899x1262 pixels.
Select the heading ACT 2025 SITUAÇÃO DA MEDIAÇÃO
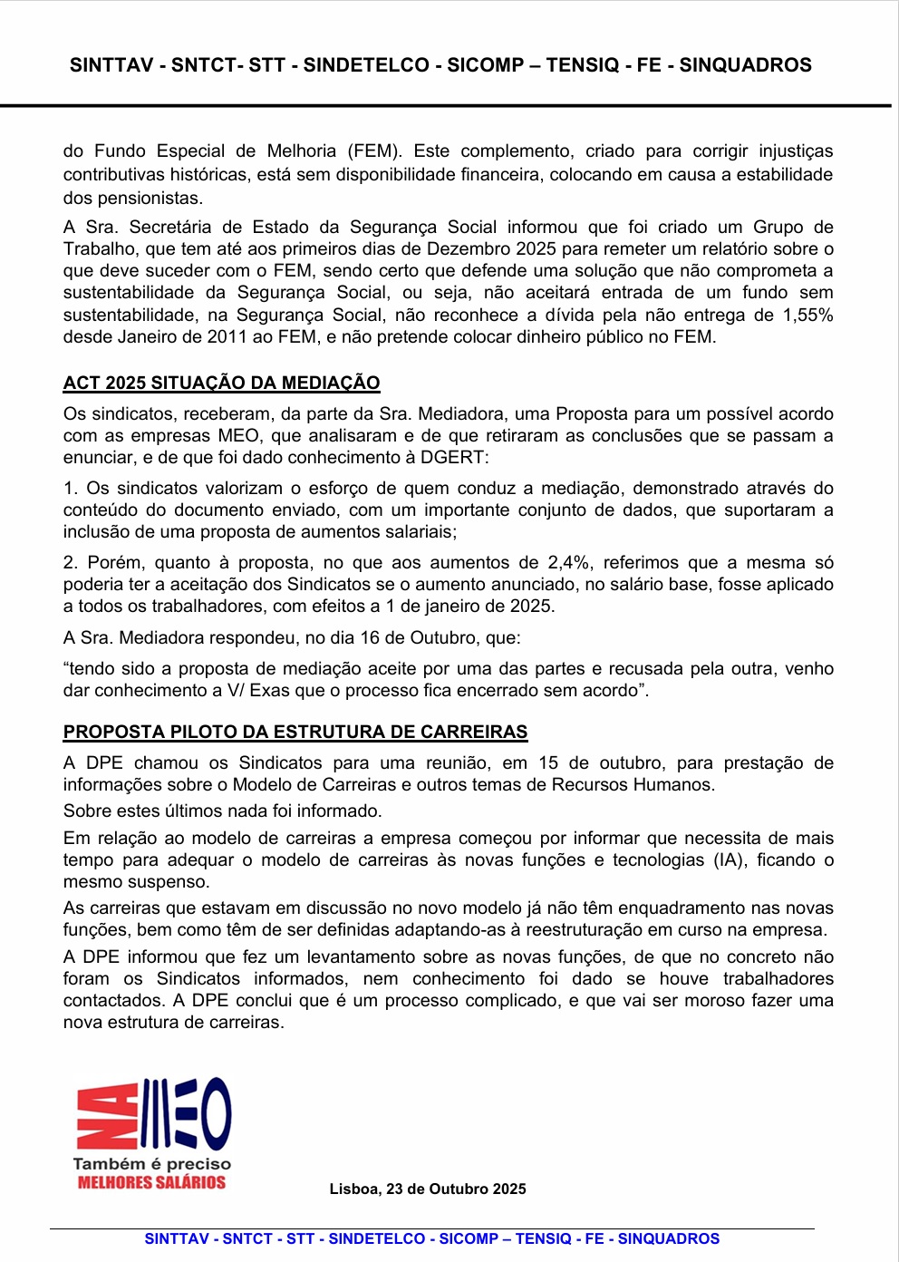tap(221, 383)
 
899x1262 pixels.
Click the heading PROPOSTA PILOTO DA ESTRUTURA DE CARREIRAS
tap(295, 732)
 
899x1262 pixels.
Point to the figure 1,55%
tap(808, 315)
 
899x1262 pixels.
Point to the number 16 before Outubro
tap(370, 637)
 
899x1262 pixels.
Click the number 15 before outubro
tap(548, 762)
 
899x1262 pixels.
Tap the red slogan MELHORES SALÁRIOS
tap(151, 1182)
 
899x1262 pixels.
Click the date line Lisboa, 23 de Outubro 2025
tap(428, 1189)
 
